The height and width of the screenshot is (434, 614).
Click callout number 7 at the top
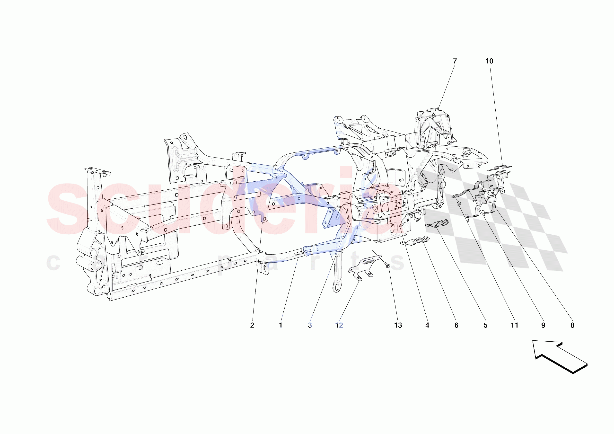[x=455, y=61]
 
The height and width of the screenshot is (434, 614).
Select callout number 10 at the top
[x=489, y=61]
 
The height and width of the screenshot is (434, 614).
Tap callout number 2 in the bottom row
[x=252, y=325]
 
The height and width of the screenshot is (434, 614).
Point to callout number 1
[x=281, y=325]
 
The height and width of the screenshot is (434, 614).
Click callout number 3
[x=310, y=325]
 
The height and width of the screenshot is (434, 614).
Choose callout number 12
[x=339, y=325]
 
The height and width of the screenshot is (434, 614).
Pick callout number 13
[x=398, y=325]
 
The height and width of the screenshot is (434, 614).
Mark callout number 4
[x=427, y=325]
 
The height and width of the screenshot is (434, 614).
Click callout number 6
[x=456, y=325]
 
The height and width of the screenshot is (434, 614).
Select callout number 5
[x=485, y=325]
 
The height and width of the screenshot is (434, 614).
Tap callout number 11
[x=514, y=325]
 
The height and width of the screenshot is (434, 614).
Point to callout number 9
[x=543, y=325]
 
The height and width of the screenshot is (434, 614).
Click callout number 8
[x=572, y=325]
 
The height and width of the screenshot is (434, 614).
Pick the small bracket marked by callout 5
[x=437, y=224]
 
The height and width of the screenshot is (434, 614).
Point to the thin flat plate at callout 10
[x=499, y=168]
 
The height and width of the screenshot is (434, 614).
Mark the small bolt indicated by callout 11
[x=459, y=204]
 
